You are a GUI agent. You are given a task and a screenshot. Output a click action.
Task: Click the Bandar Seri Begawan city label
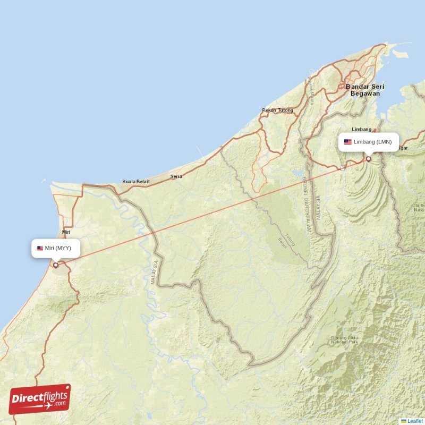pyautogui.click(x=365, y=89)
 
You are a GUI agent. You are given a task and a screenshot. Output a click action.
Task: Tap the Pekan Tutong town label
pyautogui.click(x=277, y=110)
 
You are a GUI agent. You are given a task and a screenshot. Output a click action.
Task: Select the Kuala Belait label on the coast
pyautogui.click(x=136, y=182)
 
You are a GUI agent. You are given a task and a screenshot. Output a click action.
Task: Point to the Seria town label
pyautogui.click(x=176, y=176)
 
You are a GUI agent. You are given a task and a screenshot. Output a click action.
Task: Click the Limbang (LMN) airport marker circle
pyautogui.click(x=368, y=159)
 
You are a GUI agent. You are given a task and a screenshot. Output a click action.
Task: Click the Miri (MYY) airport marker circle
pyautogui.click(x=55, y=265)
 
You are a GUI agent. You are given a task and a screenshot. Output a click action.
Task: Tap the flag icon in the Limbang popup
pyautogui.click(x=348, y=142)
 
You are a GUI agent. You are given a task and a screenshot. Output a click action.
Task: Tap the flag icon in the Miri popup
pyautogui.click(x=40, y=248)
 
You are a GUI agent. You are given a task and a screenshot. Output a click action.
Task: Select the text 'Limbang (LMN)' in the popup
pyautogui.click(x=372, y=142)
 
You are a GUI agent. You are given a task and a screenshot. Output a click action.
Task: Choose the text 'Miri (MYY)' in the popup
pyautogui.click(x=58, y=248)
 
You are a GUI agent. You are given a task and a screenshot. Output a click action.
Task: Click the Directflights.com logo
pyautogui.click(x=40, y=399)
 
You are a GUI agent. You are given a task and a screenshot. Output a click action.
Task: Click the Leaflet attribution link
pyautogui.click(x=415, y=421)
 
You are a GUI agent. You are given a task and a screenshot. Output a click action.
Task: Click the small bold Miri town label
pyautogui.click(x=66, y=233)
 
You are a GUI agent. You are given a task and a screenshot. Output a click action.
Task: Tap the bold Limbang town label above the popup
pyautogui.click(x=362, y=129)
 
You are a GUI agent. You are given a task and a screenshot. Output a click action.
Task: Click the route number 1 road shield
pyautogui.click(x=343, y=167)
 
